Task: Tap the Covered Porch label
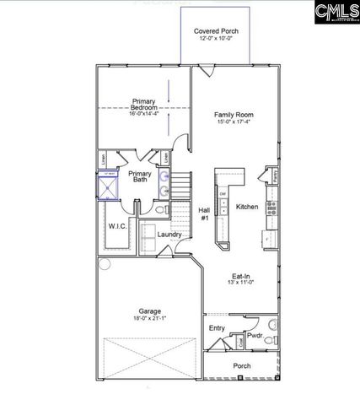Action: pos(216,30)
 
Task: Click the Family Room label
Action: pos(234,114)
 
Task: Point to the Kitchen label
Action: pos(246,207)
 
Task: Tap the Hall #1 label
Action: pos(203,214)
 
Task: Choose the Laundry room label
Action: pos(169,234)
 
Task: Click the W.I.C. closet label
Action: pos(117,226)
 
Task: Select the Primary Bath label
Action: pos(140,176)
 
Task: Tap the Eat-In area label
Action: pos(244,276)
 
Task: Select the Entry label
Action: pos(217,327)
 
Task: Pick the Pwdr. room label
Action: pos(255,335)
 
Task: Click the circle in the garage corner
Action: pos(105,264)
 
